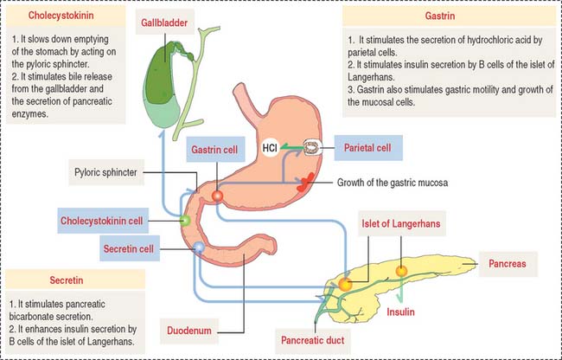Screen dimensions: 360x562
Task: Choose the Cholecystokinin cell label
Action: (x=112, y=220)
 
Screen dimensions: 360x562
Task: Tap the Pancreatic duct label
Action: (x=312, y=341)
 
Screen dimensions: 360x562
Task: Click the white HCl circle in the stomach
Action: (x=270, y=149)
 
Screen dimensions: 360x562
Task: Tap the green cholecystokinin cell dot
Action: (x=184, y=222)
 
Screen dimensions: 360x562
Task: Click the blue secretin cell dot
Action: (x=199, y=247)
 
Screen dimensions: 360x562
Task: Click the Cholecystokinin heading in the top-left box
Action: (x=61, y=17)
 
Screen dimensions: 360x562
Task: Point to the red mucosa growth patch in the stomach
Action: (x=307, y=182)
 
